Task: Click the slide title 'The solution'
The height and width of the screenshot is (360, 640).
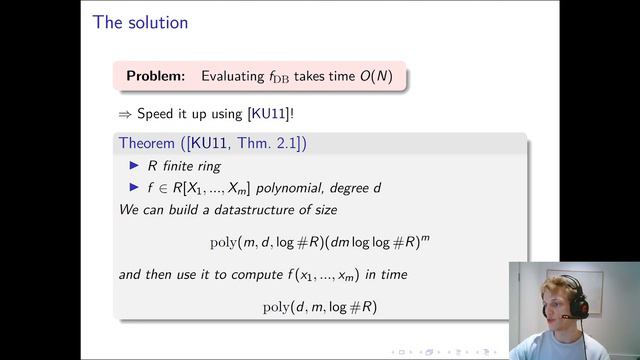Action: point(140,21)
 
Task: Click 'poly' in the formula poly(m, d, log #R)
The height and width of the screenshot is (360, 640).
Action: point(223,242)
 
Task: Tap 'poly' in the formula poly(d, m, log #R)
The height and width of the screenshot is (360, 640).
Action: point(275,306)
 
